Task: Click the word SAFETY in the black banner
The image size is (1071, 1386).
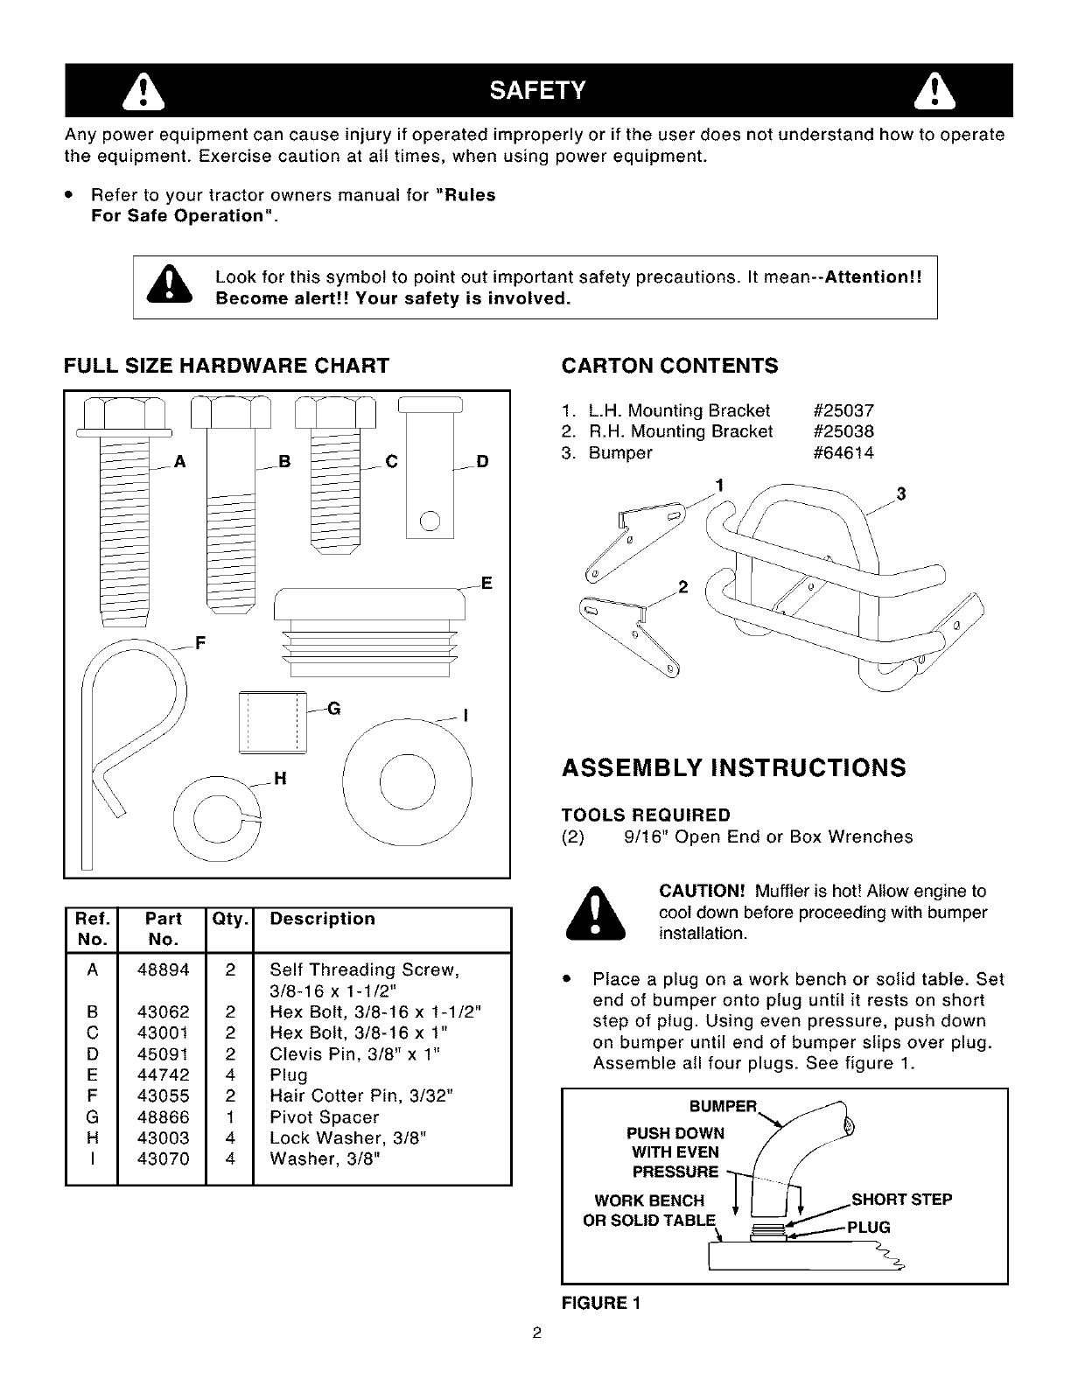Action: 536,90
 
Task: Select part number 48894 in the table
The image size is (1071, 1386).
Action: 163,969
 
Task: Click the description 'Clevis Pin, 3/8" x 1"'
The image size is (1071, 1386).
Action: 354,1053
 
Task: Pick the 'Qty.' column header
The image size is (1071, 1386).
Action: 229,919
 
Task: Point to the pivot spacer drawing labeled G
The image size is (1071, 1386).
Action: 270,720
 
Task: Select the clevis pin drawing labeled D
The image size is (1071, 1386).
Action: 430,481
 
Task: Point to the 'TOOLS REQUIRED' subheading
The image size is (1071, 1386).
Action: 646,815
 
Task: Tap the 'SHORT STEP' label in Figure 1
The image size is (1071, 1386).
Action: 901,1199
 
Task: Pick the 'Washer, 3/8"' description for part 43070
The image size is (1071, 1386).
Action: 326,1158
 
